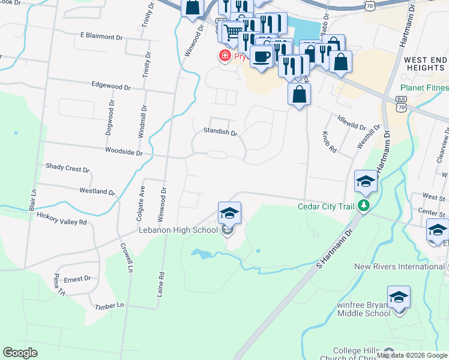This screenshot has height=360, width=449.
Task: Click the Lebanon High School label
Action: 178,230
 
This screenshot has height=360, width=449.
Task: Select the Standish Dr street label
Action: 220,132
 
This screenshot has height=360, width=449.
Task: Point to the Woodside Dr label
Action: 123,153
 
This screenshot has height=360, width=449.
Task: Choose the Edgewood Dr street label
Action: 111,86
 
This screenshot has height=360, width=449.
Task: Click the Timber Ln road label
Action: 109,306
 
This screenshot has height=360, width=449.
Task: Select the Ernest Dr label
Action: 77,278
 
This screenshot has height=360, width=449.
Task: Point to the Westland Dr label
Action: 97,191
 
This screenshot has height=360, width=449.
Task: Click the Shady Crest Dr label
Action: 67,169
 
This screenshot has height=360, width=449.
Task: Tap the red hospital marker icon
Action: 224,56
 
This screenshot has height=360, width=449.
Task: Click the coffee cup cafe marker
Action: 261,56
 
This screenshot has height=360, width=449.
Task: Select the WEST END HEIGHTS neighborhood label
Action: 425,64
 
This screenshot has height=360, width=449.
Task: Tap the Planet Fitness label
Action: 424,88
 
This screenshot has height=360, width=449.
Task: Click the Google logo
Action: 20,353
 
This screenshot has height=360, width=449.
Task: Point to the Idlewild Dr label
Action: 351,123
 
